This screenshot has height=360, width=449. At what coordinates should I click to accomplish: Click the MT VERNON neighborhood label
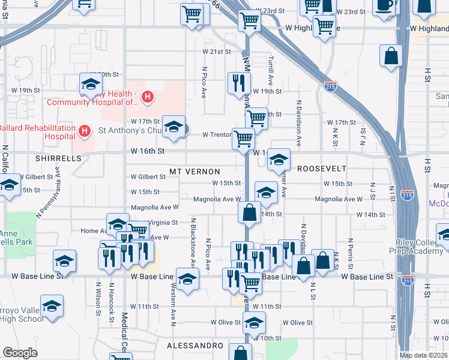coord(194,172)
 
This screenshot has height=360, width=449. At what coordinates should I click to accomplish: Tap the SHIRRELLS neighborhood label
coord(58,158)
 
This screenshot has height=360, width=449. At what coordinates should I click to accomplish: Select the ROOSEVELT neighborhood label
coord(322,169)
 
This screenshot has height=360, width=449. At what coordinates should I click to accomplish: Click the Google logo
coord(20,353)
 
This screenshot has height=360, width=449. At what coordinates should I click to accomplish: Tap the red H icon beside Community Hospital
coord(148,97)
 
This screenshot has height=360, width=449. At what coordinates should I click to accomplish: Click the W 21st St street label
coord(217,52)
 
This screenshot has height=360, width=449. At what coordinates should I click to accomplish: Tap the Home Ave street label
coord(93,230)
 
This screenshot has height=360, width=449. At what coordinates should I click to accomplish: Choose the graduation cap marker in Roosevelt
coord(279,160)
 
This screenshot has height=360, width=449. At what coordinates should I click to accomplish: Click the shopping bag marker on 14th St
coord(249,212)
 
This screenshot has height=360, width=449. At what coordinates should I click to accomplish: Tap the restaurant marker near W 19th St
coord(239,83)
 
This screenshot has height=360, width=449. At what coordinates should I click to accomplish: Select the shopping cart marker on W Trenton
coord(243,139)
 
